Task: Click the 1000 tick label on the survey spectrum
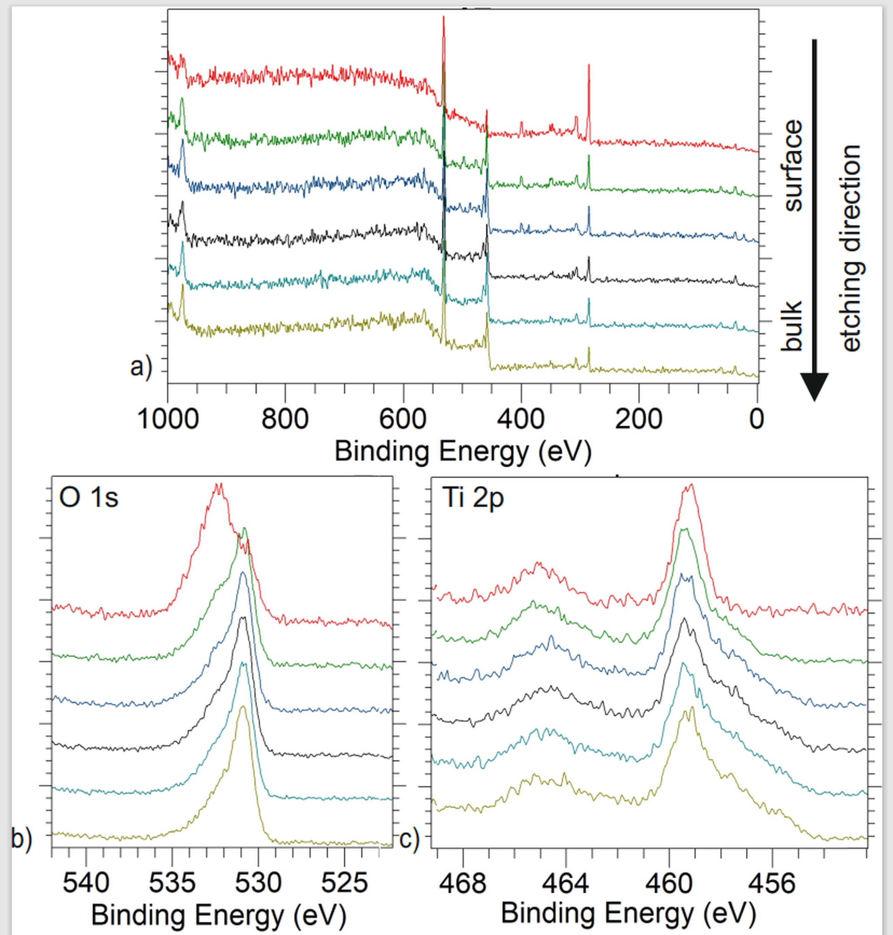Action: (x=168, y=420)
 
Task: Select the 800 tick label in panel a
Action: (x=285, y=420)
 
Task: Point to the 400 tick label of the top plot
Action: (x=521, y=420)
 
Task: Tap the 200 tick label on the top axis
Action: (x=638, y=420)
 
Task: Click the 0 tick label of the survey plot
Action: (x=756, y=420)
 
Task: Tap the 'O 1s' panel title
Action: (x=88, y=498)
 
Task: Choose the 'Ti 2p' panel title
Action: (x=473, y=498)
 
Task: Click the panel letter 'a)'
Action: (x=141, y=367)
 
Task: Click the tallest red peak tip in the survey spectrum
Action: (x=444, y=17)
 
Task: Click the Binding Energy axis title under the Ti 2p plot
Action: (x=628, y=914)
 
